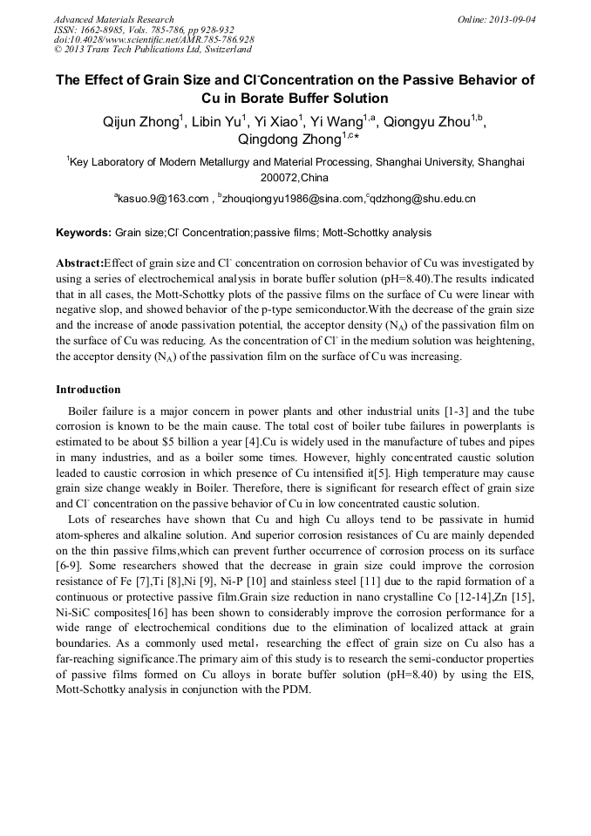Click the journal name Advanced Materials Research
point(113,19)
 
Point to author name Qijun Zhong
point(140,122)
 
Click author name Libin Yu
point(216,122)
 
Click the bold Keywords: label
point(84,234)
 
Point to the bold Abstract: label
point(79,262)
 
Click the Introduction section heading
point(88,390)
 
